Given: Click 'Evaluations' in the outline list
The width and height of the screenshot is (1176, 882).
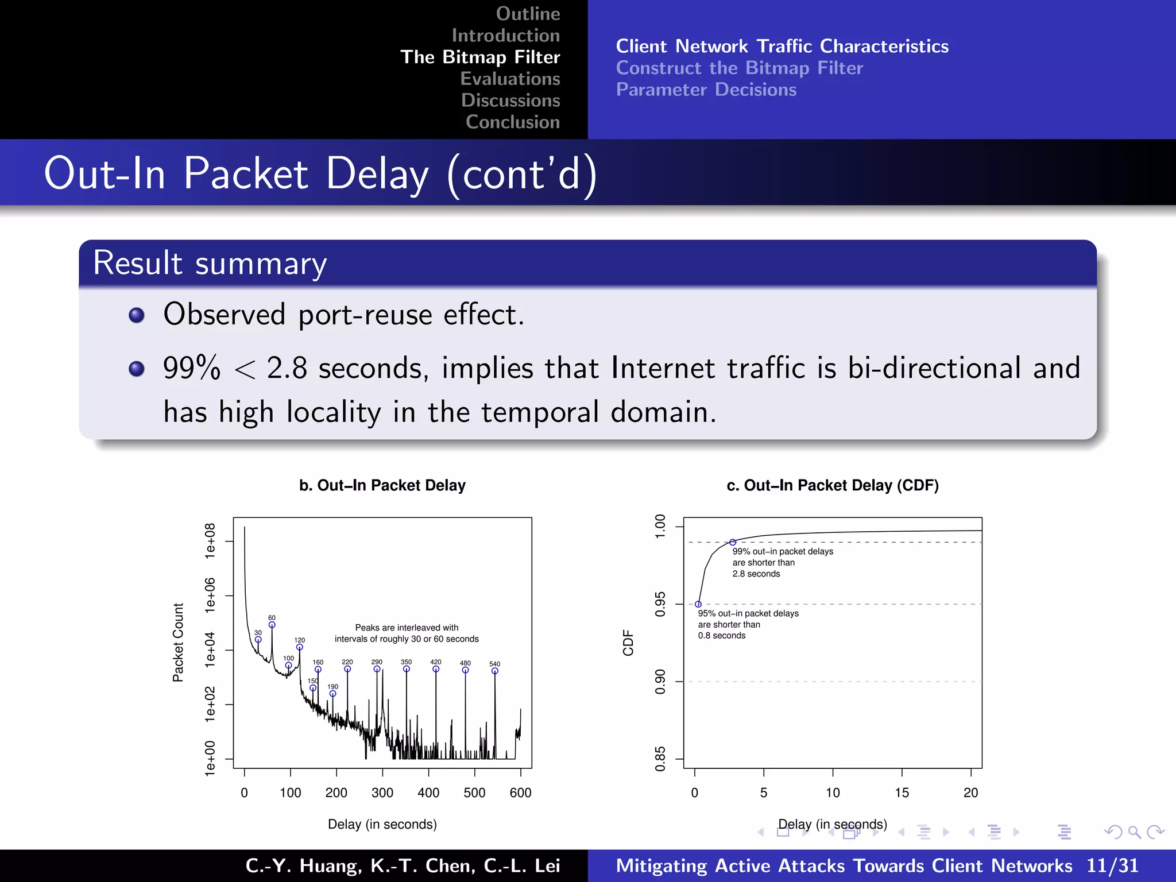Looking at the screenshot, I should pos(510,79).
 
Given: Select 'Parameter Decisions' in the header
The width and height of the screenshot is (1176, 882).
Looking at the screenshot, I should pos(706,90).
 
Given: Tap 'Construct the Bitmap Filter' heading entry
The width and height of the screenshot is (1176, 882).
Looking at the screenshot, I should pos(739,68).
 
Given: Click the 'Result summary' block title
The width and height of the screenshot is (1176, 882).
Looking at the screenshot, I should pos(210,264).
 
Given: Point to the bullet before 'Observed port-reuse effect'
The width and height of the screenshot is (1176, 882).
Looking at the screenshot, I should pos(137,315).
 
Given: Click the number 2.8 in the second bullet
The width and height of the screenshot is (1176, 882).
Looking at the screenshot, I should pos(287,368).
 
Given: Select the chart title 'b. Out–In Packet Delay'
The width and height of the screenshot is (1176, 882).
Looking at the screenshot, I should pos(382,485).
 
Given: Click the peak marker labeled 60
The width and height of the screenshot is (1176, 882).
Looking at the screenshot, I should pos(272,625).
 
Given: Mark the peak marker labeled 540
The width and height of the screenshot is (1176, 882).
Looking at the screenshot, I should pos(495,671).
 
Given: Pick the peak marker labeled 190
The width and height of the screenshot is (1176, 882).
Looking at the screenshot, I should pos(332,694).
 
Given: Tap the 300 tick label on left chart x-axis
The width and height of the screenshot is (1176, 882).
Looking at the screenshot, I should pos(382,793).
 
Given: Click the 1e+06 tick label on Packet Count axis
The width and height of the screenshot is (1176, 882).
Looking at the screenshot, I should pos(210,595).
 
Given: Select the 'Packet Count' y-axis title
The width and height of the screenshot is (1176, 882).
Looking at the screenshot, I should pos(178,643).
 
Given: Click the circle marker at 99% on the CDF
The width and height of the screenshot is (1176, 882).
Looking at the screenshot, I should pos(733,542).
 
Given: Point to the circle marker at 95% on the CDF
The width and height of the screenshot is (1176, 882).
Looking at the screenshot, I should pos(698,604).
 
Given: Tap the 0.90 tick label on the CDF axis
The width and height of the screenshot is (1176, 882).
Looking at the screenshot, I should pos(660,682).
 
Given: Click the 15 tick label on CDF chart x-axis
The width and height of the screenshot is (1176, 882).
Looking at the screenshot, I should pos(902,793).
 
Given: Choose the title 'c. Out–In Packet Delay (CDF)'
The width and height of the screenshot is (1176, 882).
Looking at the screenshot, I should pos(833,485).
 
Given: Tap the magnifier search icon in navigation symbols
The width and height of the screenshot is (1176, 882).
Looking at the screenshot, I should pos(1134,832).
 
